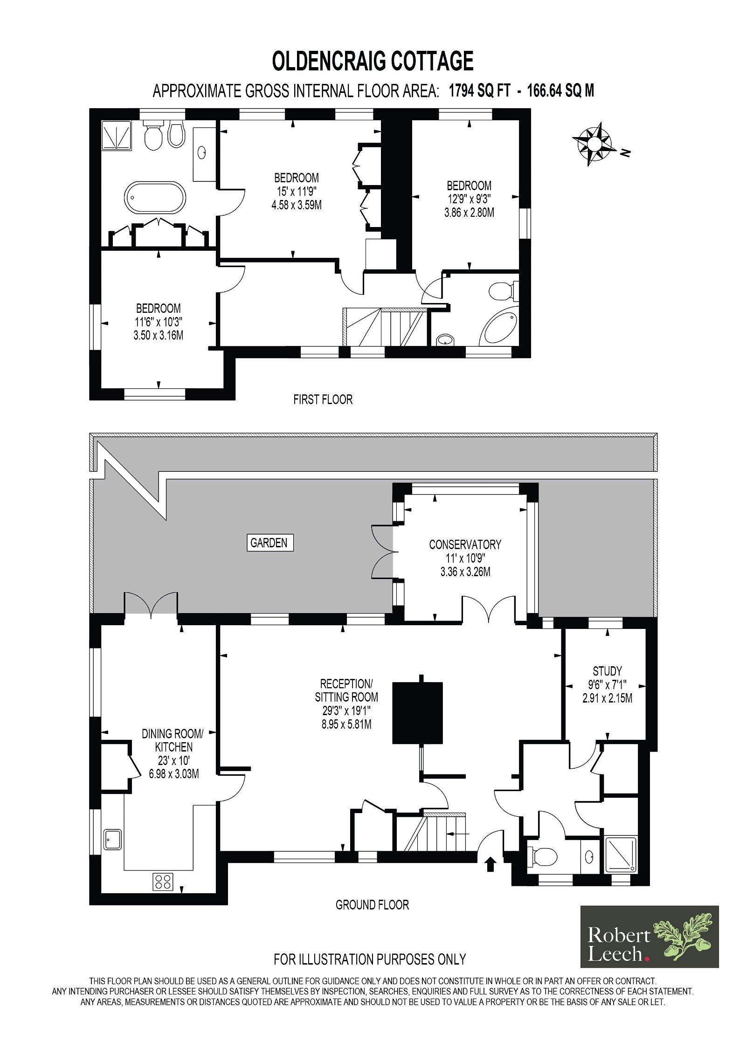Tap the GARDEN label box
click(x=270, y=543)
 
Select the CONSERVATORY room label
click(x=465, y=545)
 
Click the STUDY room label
click(x=607, y=671)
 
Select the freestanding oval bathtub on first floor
click(x=155, y=198)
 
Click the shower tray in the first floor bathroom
click(x=117, y=136)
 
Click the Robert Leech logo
click(x=649, y=943)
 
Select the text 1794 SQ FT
click(x=480, y=90)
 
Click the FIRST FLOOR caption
click(x=323, y=400)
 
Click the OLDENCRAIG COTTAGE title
click(x=373, y=61)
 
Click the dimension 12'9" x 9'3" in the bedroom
click(x=469, y=199)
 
